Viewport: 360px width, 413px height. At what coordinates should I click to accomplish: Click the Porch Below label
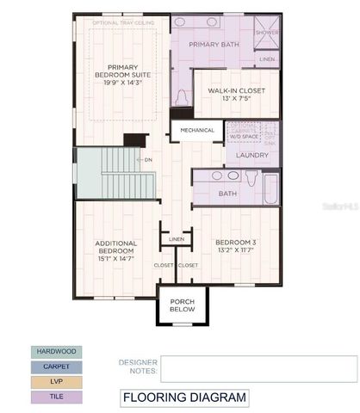(182, 305)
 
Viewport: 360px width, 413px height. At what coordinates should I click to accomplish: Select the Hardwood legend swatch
(54, 352)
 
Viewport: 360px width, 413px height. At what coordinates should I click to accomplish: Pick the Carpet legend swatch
(54, 367)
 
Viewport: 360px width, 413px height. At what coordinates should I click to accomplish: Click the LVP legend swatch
(54, 381)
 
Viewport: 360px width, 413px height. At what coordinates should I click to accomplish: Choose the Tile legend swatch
(54, 396)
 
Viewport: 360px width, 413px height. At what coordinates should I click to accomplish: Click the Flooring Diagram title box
(184, 398)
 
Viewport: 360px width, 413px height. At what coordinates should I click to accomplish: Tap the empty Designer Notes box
(258, 368)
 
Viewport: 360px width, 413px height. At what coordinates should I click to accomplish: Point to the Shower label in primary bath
(267, 32)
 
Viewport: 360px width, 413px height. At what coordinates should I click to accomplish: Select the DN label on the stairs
(147, 159)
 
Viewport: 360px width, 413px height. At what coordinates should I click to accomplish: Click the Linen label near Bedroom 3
(177, 238)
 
